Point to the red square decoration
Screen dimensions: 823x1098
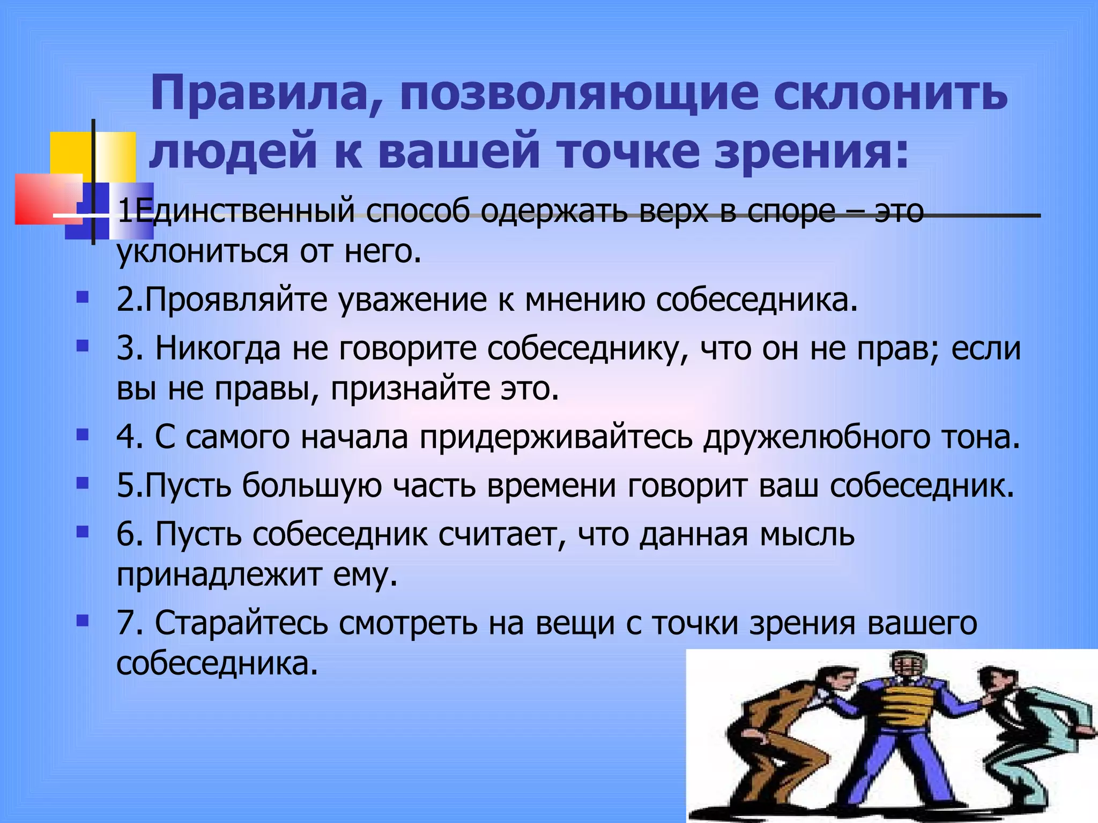click(46, 198)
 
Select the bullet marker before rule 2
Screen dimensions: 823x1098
click(82, 297)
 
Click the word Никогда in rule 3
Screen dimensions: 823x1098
click(218, 348)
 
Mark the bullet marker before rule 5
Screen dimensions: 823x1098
click(82, 484)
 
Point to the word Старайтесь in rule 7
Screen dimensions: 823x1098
click(242, 623)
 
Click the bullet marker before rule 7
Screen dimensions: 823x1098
click(82, 621)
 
